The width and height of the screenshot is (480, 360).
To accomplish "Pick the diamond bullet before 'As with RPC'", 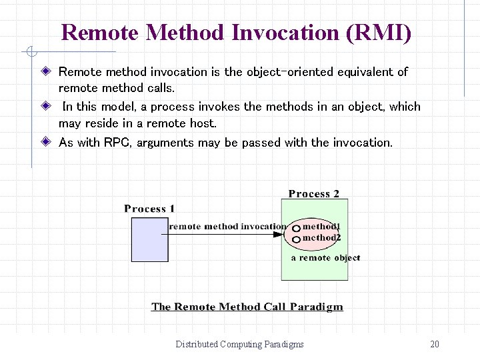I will (x=45, y=142).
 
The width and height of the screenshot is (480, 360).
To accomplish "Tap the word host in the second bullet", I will (x=221, y=123).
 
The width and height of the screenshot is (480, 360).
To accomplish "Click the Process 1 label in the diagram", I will (x=149, y=209).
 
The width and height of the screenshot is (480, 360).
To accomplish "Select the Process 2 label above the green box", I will (x=313, y=194).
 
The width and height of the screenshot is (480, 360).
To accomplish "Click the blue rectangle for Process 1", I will (x=150, y=239).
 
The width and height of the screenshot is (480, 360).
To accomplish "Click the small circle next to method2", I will (x=296, y=238).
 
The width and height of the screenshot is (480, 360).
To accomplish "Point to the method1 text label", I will (x=321, y=227).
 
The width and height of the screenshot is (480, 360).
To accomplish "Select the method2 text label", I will (x=321, y=237).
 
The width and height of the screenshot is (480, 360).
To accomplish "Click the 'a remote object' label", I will (x=325, y=257).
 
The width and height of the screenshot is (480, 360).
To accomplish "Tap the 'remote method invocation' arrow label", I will (x=228, y=227).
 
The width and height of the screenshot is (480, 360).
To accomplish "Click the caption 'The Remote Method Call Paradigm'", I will (x=247, y=307).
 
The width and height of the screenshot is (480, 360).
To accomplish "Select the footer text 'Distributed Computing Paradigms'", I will (x=239, y=344).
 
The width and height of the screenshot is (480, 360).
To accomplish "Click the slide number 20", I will (x=435, y=344).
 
